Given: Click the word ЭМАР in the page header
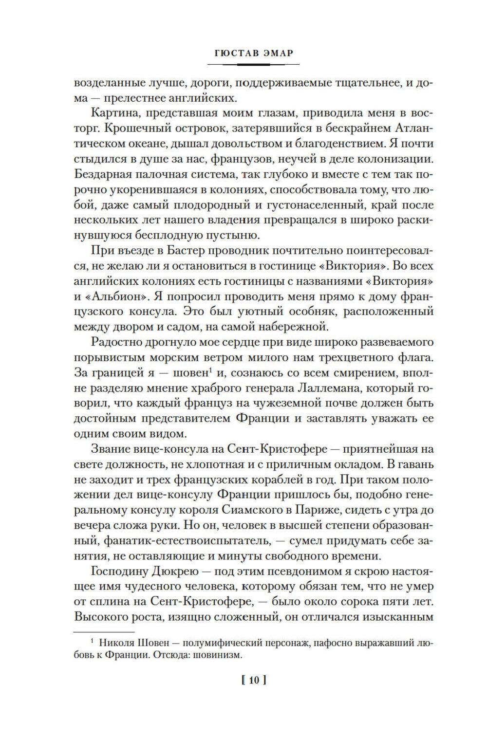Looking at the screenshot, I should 275,53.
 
